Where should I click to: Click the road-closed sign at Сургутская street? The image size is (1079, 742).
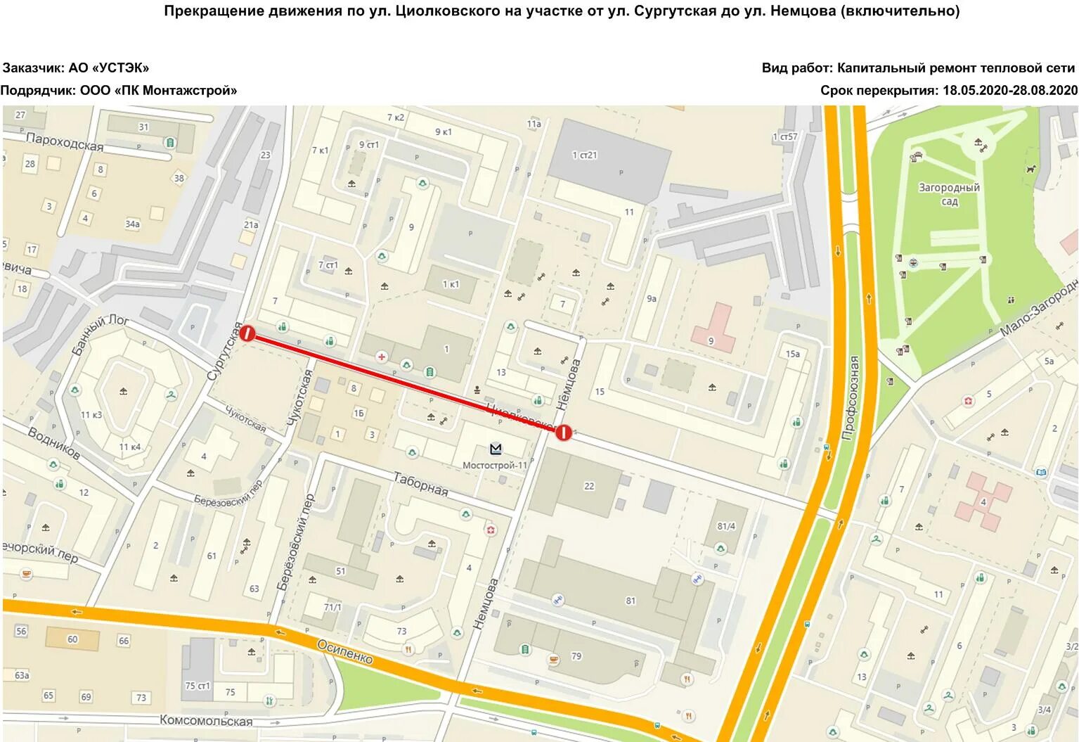point(247,333)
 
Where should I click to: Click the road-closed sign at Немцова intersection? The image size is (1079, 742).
point(563,433)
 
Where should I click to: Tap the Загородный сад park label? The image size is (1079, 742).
point(949,194)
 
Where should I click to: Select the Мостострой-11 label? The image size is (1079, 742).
point(495,465)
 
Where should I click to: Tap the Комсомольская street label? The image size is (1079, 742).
point(206,720)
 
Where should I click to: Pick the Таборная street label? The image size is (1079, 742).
point(420,484)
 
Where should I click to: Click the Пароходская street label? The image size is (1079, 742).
point(65,142)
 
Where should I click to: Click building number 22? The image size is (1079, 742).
point(589,485)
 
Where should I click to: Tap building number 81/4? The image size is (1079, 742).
point(726,526)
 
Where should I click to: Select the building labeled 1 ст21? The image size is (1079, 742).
point(585,155)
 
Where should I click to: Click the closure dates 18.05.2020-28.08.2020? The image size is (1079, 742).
point(1009,91)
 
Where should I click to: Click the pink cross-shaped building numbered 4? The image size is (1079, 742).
point(984,501)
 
